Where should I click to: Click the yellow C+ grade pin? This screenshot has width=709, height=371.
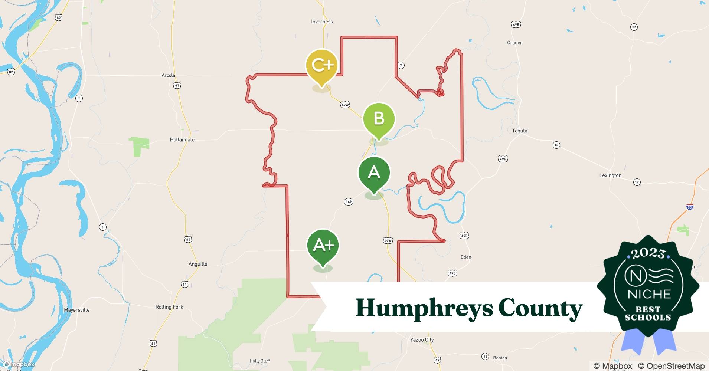pos(321,66)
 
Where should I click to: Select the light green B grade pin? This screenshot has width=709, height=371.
pos(379,119)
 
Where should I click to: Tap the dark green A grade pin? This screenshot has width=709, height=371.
pos(374,173)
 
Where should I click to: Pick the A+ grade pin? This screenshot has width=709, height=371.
pos(323,245)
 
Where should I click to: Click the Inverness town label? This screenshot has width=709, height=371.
pos(322,22)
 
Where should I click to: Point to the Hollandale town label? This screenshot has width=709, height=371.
pos(182,140)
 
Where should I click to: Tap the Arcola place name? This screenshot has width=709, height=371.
pos(168,75)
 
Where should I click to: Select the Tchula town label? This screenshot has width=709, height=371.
pos(519,131)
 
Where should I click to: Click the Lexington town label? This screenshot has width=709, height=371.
pos(610,175)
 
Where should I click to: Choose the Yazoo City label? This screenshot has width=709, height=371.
pos(422,340)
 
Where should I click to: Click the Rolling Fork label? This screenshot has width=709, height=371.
pos(169,307)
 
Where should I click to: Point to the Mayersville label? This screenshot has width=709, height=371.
pos(76,310)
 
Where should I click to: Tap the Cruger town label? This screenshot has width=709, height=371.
pos(514,43)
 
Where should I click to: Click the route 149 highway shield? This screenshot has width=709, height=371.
pos(348,202)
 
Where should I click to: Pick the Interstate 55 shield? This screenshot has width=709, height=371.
pos(689,207)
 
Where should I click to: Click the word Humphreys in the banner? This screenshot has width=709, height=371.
pos(424,308)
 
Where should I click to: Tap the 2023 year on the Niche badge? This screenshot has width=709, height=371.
pos(648,254)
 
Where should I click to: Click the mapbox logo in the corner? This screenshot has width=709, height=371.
pos(19,364)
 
